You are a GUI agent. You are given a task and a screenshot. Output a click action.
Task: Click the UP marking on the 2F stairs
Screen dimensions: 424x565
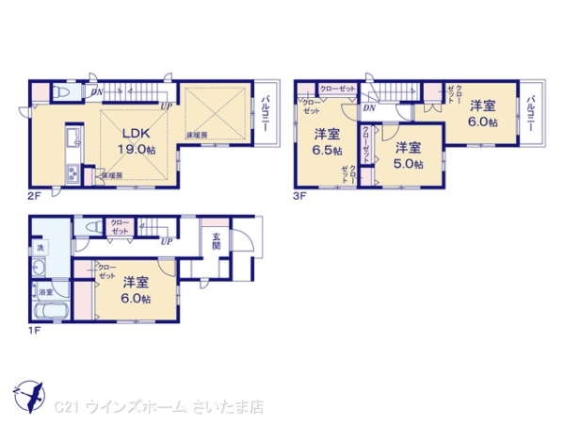pos(166,106)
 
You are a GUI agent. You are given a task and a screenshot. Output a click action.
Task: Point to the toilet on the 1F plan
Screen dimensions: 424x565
pos(92,227)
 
